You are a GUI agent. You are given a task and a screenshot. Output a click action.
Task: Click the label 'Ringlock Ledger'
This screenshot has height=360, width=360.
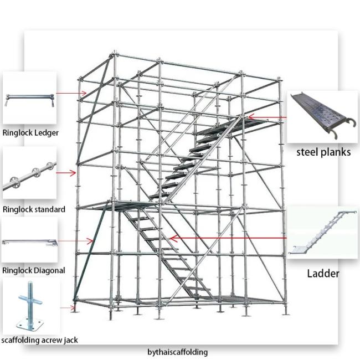[x=30, y=133]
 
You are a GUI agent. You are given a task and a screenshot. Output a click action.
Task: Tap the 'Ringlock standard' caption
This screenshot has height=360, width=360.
[x=34, y=209]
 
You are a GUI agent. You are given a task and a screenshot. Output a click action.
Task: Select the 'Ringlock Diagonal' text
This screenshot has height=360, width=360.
[x=34, y=270]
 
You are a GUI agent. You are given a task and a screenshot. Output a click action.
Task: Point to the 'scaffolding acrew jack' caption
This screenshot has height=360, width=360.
[x=39, y=340]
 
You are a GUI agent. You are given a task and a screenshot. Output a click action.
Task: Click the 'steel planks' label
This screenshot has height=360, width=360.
[x=323, y=152]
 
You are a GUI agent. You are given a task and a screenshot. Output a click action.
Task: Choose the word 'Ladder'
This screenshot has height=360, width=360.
[x=323, y=274]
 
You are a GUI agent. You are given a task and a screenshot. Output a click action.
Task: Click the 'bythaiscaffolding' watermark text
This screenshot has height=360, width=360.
[x=177, y=352]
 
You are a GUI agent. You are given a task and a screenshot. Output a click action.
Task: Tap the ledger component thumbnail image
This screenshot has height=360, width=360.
[x=29, y=98]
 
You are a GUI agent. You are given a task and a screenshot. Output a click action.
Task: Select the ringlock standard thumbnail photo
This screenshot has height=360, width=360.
[x=29, y=173]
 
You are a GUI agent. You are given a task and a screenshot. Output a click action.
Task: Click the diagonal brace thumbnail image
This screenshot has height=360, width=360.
[x=29, y=240]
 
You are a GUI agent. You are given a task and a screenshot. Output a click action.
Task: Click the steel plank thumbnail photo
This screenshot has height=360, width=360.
[x=322, y=117]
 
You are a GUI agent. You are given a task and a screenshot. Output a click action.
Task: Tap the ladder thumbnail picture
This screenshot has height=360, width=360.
[x=322, y=233]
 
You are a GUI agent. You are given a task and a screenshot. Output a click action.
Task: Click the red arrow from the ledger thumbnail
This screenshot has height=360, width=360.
[x=71, y=93]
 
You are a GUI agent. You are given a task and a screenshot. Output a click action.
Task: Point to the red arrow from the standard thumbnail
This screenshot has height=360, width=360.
[x=66, y=173]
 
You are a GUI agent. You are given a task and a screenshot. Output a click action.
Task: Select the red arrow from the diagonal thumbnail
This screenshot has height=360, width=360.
[x=75, y=241]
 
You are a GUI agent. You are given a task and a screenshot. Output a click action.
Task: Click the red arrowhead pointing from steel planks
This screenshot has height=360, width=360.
[x=251, y=117]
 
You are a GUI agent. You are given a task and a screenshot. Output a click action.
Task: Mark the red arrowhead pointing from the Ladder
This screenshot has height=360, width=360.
[x=173, y=238]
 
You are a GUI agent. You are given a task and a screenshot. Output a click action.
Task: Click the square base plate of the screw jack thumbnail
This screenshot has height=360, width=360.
[x=30, y=323]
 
